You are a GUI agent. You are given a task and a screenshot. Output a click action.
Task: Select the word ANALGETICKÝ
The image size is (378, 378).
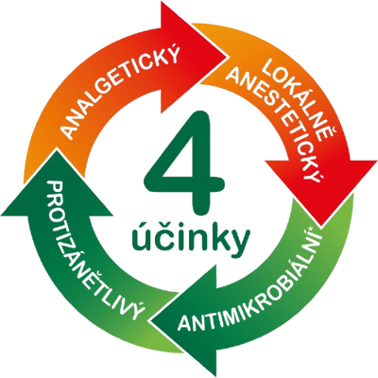121,92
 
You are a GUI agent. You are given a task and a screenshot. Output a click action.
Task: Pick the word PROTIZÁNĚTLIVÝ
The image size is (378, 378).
92,249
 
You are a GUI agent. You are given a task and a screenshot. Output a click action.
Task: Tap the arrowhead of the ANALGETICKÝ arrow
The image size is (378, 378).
192,57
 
